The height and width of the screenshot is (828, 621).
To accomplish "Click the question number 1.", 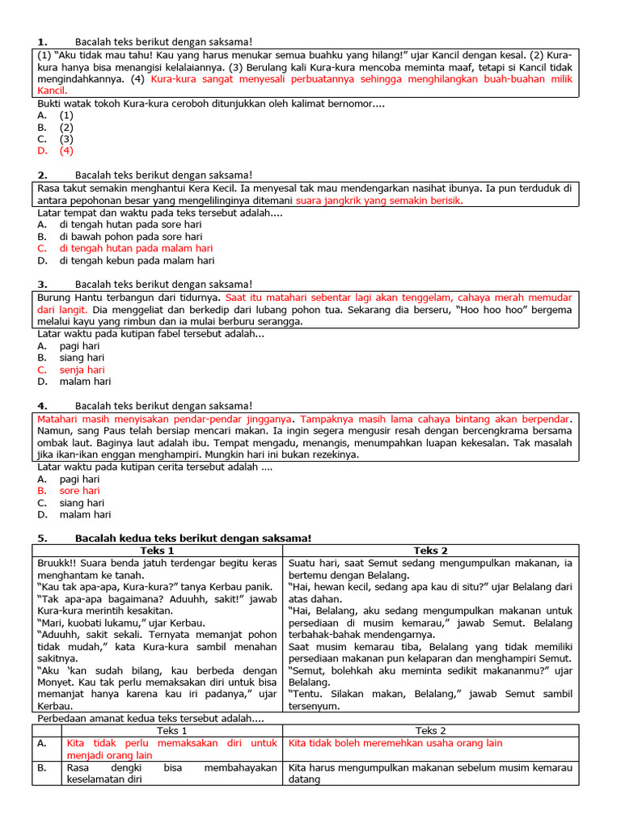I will coord(43,41).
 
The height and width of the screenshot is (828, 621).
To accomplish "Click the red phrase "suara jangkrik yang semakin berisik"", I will coord(379,201).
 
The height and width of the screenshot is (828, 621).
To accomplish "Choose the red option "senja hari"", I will coord(82,370).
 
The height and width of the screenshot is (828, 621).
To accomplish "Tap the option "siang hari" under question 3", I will coord(82,357).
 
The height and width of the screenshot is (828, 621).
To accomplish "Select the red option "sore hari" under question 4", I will coord(79,491).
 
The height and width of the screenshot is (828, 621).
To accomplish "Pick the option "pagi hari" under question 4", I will coord(79,479).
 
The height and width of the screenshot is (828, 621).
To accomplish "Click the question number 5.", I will coord(43,539).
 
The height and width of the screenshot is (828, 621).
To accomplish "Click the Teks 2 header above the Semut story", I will coord(430,551).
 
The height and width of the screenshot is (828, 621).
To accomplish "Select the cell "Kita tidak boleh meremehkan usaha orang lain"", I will coord(395,743).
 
